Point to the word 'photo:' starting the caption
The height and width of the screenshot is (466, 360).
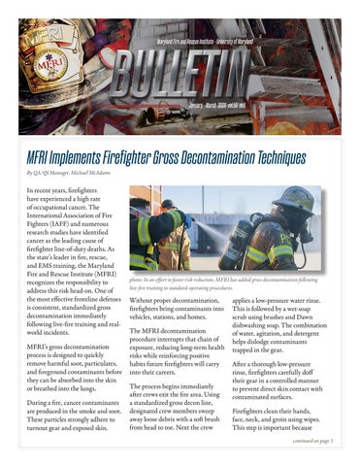pos(138,279)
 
